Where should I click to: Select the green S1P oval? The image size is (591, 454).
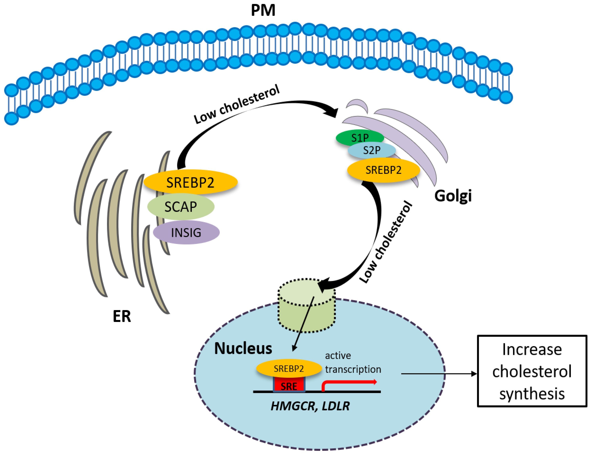(x=360, y=138)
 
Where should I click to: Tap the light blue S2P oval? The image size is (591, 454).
(x=371, y=150)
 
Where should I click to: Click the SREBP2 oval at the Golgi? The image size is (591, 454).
(x=383, y=170)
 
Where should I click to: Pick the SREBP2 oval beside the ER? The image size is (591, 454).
(x=190, y=182)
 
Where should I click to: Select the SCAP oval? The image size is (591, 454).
(x=181, y=207)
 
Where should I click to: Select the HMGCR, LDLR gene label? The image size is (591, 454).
(x=310, y=406)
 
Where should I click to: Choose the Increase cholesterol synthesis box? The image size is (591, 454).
(x=532, y=371)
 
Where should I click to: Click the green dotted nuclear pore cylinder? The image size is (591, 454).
(x=306, y=305)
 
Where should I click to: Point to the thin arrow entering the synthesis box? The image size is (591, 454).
(x=439, y=374)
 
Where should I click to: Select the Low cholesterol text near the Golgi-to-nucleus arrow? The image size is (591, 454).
(x=386, y=242)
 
